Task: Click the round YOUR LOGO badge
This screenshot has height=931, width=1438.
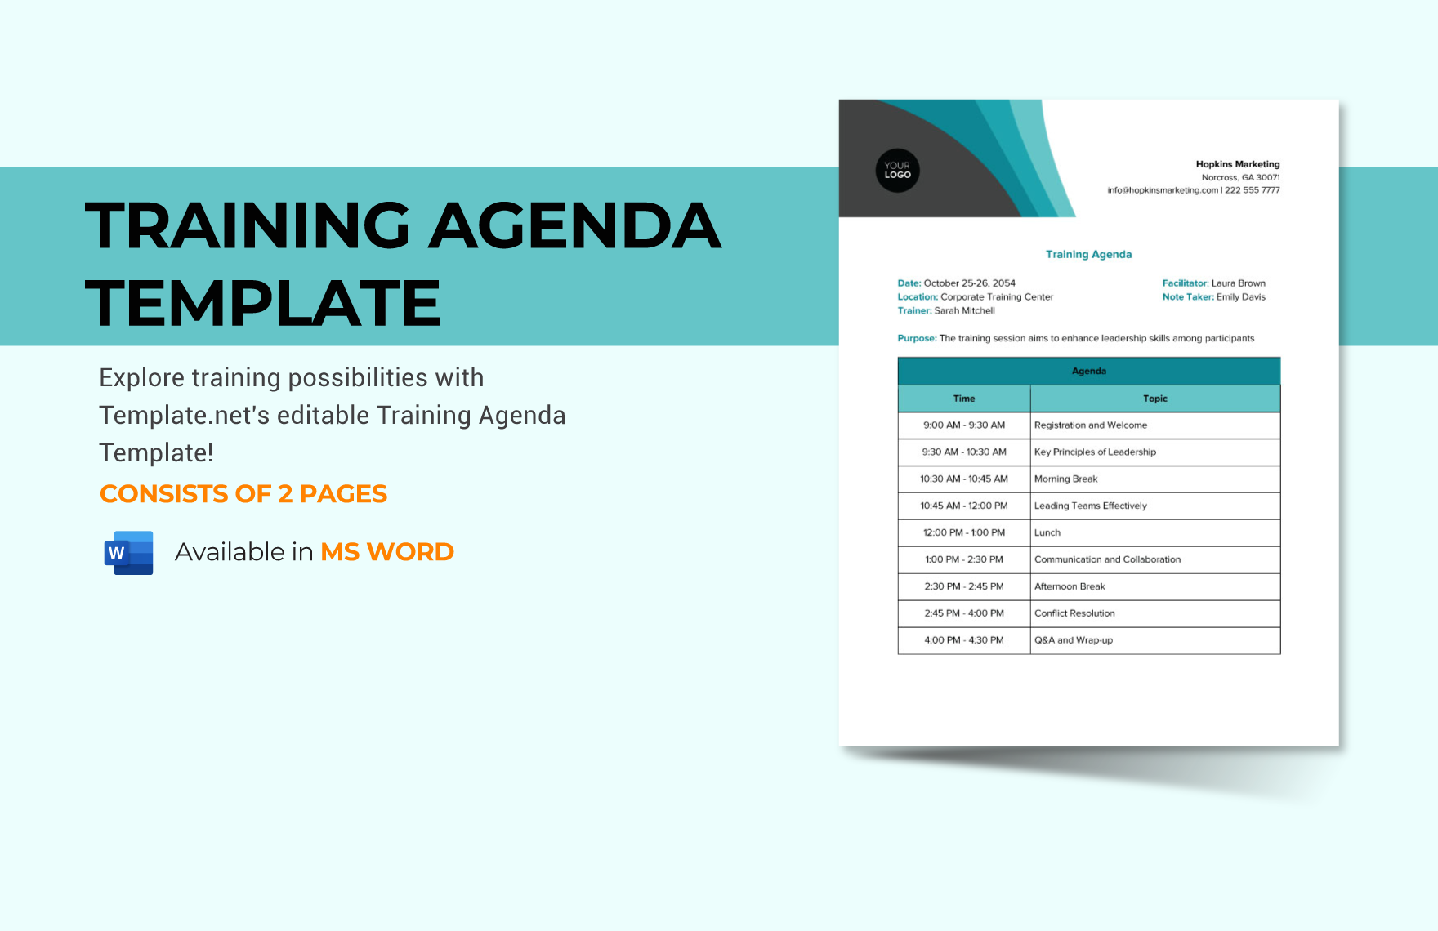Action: [897, 171]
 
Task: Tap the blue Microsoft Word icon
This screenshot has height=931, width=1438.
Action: [129, 553]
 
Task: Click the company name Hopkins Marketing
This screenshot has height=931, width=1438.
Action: [1237, 164]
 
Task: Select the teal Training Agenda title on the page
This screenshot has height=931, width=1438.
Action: [1088, 255]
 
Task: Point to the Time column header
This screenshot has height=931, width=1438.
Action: [964, 399]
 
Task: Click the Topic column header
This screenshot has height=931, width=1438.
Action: [1154, 399]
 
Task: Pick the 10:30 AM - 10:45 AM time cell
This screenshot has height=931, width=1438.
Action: [964, 479]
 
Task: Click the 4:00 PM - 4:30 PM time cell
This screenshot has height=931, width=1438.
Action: [964, 640]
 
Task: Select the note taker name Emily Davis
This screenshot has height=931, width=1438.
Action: [1240, 297]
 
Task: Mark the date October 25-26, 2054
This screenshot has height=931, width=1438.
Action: [969, 283]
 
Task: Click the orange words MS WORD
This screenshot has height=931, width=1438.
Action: [387, 552]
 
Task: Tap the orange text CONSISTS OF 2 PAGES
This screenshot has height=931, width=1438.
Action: [243, 494]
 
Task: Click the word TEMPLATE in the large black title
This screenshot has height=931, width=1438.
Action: [263, 303]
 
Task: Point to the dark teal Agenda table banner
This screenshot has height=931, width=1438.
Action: [1088, 372]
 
